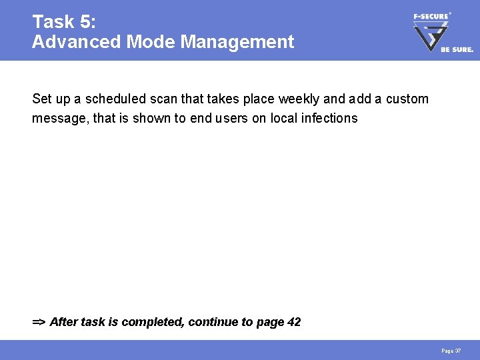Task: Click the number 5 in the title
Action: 87,22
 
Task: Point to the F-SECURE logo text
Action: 431,16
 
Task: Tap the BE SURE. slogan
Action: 457,49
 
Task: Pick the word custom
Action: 406,99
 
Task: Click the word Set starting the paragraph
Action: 41,99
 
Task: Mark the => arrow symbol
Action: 39,322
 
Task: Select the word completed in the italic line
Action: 152,322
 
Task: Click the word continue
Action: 213,322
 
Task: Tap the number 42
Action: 293,322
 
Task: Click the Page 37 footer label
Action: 451,351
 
